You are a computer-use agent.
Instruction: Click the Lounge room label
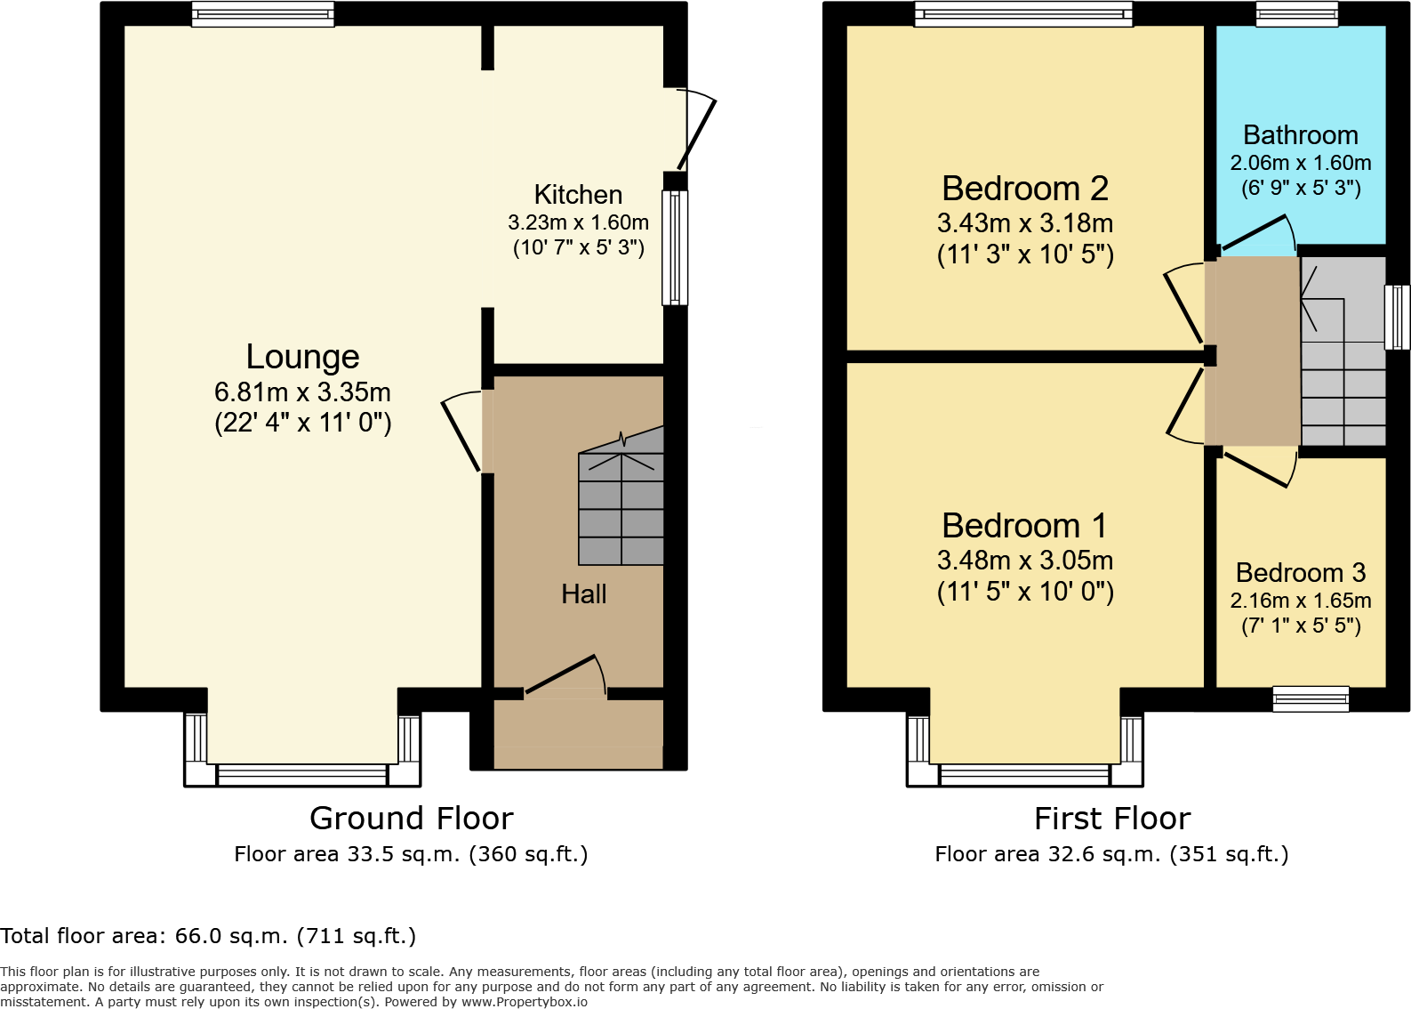(302, 357)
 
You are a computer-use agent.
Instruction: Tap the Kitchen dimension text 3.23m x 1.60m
(578, 222)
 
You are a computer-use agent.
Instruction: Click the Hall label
(583, 593)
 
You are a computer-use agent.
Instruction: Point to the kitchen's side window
(675, 247)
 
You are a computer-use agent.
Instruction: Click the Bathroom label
(1300, 135)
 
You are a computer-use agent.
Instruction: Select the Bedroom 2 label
(1024, 189)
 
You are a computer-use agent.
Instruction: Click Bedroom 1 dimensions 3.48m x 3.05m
(1024, 561)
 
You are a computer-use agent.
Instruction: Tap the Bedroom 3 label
(1300, 572)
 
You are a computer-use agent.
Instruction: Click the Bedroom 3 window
(1311, 698)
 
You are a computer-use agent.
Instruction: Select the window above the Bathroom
(1296, 13)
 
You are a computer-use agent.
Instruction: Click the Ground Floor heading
(411, 818)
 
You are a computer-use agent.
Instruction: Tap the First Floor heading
(1111, 818)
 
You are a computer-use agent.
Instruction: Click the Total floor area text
(208, 936)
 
